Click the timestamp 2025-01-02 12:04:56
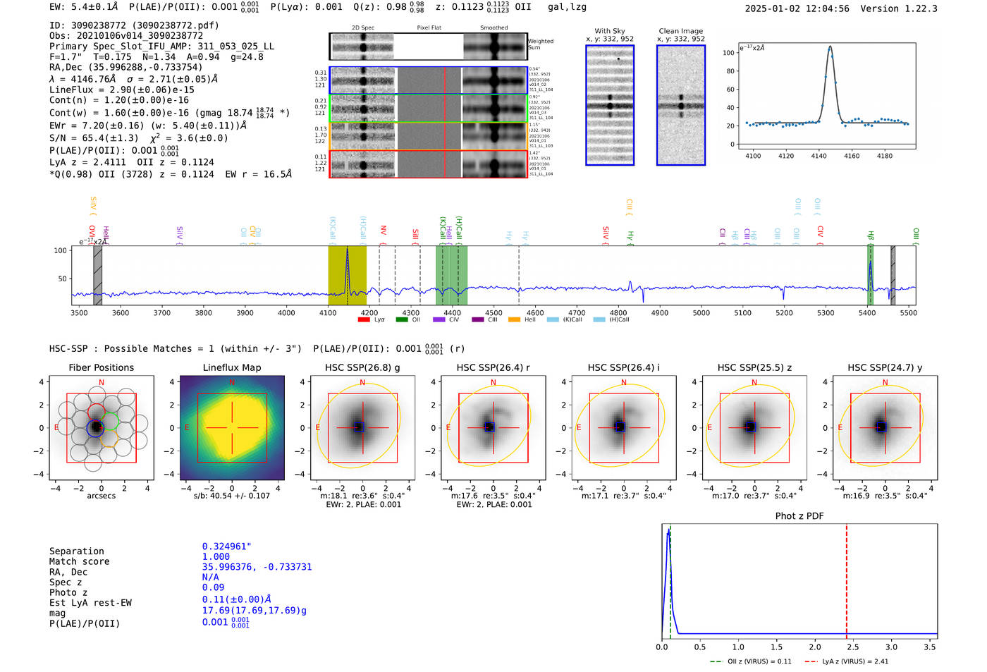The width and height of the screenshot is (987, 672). click(797, 8)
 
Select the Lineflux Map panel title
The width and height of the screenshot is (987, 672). click(231, 367)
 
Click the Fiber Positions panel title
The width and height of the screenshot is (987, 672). click(101, 367)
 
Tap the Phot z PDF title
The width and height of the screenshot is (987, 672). click(799, 516)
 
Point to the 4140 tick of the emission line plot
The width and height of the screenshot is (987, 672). click(819, 156)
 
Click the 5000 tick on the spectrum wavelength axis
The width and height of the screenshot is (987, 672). click(701, 312)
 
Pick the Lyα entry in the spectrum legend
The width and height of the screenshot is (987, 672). click(373, 319)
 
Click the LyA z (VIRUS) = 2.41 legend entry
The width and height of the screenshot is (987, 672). click(847, 661)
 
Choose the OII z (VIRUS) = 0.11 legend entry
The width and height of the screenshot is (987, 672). click(752, 661)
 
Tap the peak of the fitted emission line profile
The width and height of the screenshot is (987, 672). click(830, 47)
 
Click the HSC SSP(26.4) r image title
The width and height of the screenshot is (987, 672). click(493, 367)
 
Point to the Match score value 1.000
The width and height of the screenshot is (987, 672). click(216, 556)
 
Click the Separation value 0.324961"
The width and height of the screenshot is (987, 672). click(226, 546)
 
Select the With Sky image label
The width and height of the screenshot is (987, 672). click(609, 31)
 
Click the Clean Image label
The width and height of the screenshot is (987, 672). click(680, 31)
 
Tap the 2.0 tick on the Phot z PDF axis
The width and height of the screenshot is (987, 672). click(814, 647)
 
